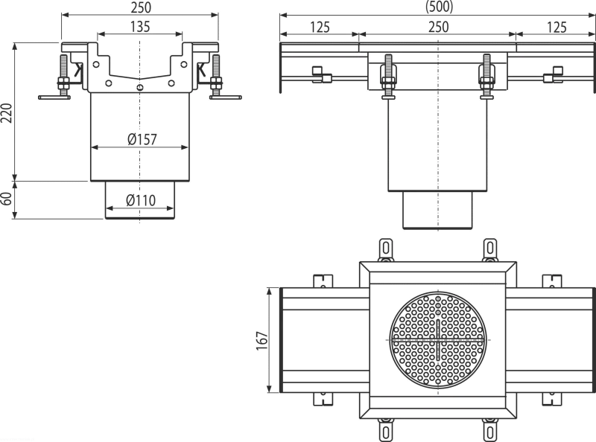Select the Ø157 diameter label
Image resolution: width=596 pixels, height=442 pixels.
[142, 139]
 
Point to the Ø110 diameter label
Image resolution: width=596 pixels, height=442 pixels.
[141, 200]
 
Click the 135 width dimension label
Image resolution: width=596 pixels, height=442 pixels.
[140, 27]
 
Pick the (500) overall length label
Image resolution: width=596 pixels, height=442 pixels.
[439, 7]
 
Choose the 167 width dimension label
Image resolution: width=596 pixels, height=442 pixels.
[262, 341]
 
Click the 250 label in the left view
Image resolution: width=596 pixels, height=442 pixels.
[141, 7]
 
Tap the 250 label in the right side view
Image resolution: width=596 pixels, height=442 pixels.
[439, 27]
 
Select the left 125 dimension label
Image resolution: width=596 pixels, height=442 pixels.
[320, 27]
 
